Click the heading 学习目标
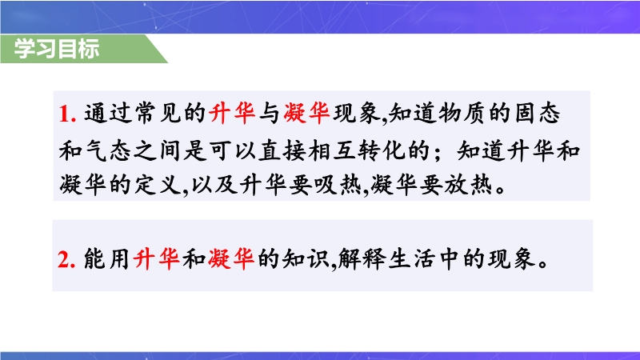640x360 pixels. pyautogui.click(x=57, y=49)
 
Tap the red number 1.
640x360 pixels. pyautogui.click(x=67, y=114)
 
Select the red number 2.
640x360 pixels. pyautogui.click(x=66, y=259)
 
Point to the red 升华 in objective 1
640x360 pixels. pyautogui.click(x=232, y=113)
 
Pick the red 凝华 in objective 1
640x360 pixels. pyautogui.click(x=306, y=113)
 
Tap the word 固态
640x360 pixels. pyautogui.click(x=537, y=113)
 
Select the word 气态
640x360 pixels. pyautogui.click(x=108, y=150)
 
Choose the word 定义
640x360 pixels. pyautogui.click(x=158, y=185)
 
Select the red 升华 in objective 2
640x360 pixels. pyautogui.click(x=157, y=258)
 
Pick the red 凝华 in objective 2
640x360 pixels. pyautogui.click(x=231, y=258)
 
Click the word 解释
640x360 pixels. pyautogui.click(x=362, y=258)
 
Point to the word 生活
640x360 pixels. pyautogui.click(x=411, y=258)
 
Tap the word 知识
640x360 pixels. pyautogui.click(x=306, y=258)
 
